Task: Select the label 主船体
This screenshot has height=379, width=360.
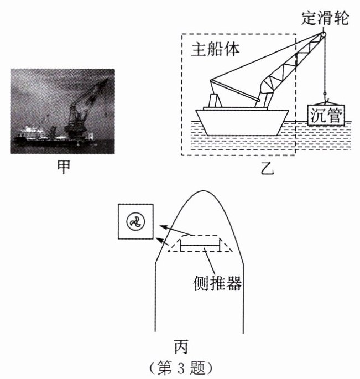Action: pyautogui.click(x=216, y=49)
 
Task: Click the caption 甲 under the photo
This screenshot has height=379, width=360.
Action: pyautogui.click(x=64, y=167)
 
